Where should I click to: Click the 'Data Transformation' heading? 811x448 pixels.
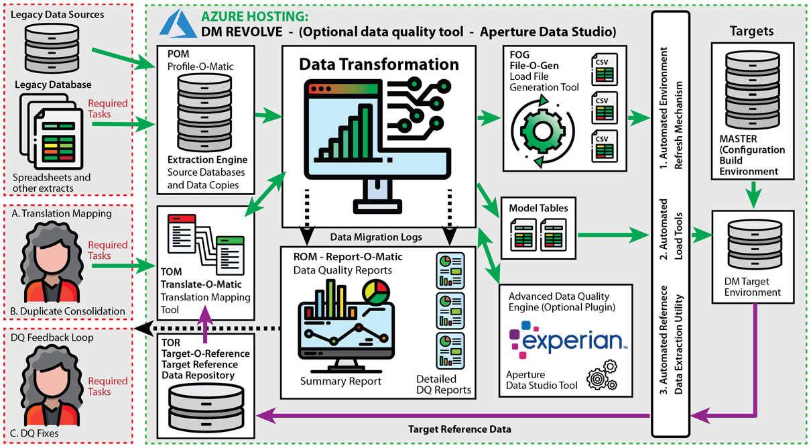379,64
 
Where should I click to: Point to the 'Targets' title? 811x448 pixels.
751,31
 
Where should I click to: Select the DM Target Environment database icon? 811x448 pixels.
756,251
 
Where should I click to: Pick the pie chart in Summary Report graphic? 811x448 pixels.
375,292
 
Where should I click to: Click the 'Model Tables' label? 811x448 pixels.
538,208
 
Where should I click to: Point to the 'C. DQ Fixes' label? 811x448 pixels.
35,433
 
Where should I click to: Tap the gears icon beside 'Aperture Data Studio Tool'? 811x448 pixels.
601,378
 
